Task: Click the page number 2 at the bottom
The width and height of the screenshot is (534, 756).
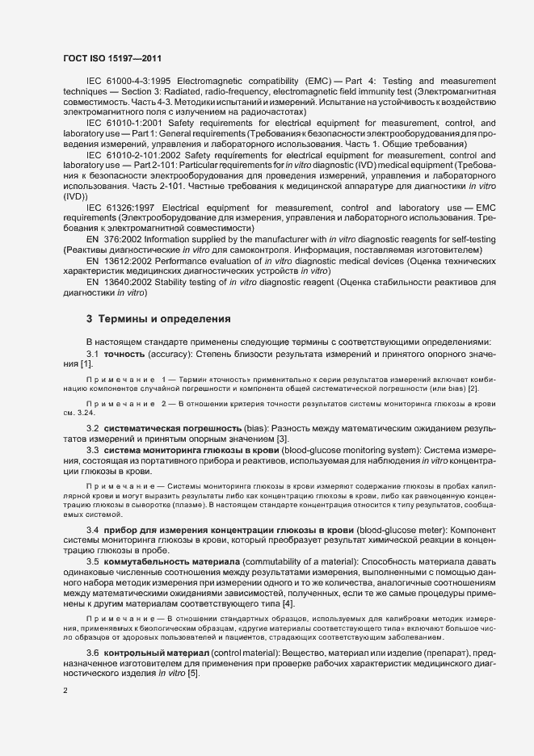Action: pyautogui.click(x=65, y=691)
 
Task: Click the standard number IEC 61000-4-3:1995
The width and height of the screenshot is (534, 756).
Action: pyautogui.click(x=127, y=82)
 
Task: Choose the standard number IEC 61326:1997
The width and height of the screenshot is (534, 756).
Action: pyautogui.click(x=122, y=208)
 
